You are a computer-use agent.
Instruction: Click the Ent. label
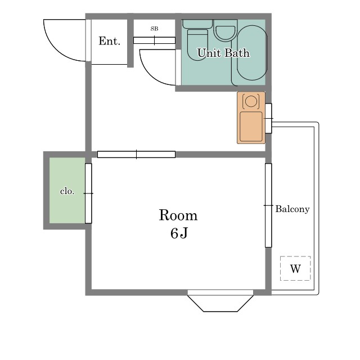pos(110,41)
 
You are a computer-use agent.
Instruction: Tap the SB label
pos(154,29)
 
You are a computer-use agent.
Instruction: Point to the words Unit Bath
pos(223,53)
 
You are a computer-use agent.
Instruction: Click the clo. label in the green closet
pos(67,191)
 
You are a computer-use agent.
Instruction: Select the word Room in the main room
pos(178,215)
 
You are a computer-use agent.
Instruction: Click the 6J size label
pos(179,233)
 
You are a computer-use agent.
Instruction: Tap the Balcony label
pos(292,209)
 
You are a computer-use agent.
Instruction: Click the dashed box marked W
pos(295,268)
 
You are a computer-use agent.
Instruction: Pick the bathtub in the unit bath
pos(252,52)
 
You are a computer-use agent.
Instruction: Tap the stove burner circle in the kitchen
pos(251,101)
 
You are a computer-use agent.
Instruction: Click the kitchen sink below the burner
pos(251,127)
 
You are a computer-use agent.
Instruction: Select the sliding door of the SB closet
pos(154,40)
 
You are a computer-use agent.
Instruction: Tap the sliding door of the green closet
pos(88,193)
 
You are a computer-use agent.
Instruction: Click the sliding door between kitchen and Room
pos(136,154)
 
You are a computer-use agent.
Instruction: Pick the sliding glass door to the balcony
pos(268,205)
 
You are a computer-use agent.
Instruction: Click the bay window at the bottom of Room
pos(220,301)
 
